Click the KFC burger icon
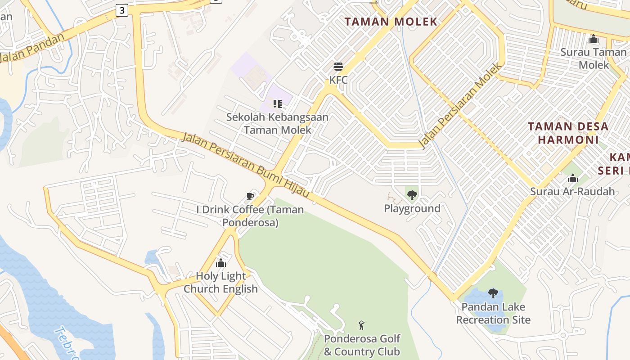pyautogui.click(x=338, y=67)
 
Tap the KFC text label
pyautogui.click(x=338, y=80)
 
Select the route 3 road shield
pyautogui.click(x=121, y=10)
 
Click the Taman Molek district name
pyautogui.click(x=391, y=22)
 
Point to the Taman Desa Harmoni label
pyautogui.click(x=568, y=133)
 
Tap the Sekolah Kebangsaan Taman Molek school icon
pyautogui.click(x=278, y=104)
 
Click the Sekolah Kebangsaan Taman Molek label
pyautogui.click(x=277, y=124)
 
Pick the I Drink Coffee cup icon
pyautogui.click(x=250, y=196)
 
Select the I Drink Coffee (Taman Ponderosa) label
pyautogui.click(x=250, y=216)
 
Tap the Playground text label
pyautogui.click(x=412, y=208)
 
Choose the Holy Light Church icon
pyautogui.click(x=221, y=263)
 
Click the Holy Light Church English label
pyautogui.click(x=221, y=283)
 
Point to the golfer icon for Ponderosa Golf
pyautogui.click(x=361, y=325)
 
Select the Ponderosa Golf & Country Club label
pyautogui.click(x=362, y=345)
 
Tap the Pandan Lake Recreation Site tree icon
pyautogui.click(x=493, y=293)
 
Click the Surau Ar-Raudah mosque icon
pyautogui.click(x=572, y=179)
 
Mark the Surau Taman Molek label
pyautogui.click(x=593, y=58)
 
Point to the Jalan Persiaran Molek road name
pyautogui.click(x=460, y=106)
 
